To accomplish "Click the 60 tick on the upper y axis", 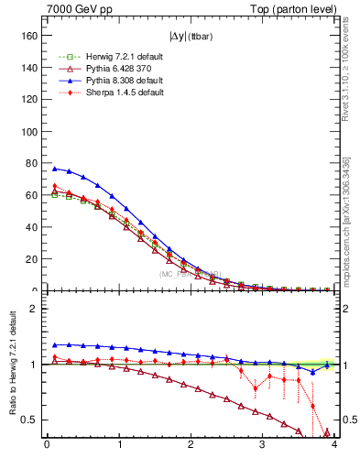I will pos(34,195).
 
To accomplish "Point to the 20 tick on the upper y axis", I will pos(34,259).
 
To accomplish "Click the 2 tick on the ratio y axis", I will pos(37,309).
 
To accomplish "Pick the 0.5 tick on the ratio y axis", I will pos(33,420).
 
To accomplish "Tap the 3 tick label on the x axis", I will pos(262,446).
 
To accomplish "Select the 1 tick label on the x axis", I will pos(118,446).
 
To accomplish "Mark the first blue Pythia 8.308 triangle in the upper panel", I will pos(54,169).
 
